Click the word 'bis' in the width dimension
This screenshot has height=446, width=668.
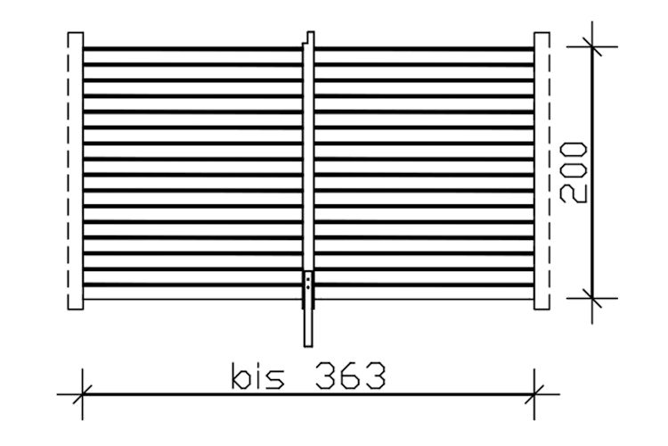pos(257,376)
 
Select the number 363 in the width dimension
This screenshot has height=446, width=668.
pos(350,376)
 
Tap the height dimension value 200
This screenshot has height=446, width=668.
pos(574,172)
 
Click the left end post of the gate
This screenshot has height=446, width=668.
pos(76,170)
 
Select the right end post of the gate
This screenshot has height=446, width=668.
pos(542,170)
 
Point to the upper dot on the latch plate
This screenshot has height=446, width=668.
pos(308,279)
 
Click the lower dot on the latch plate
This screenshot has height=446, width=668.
pos(308,287)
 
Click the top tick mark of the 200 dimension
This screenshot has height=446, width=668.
pos(592,46)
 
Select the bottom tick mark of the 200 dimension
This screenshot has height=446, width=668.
pos(592,298)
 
